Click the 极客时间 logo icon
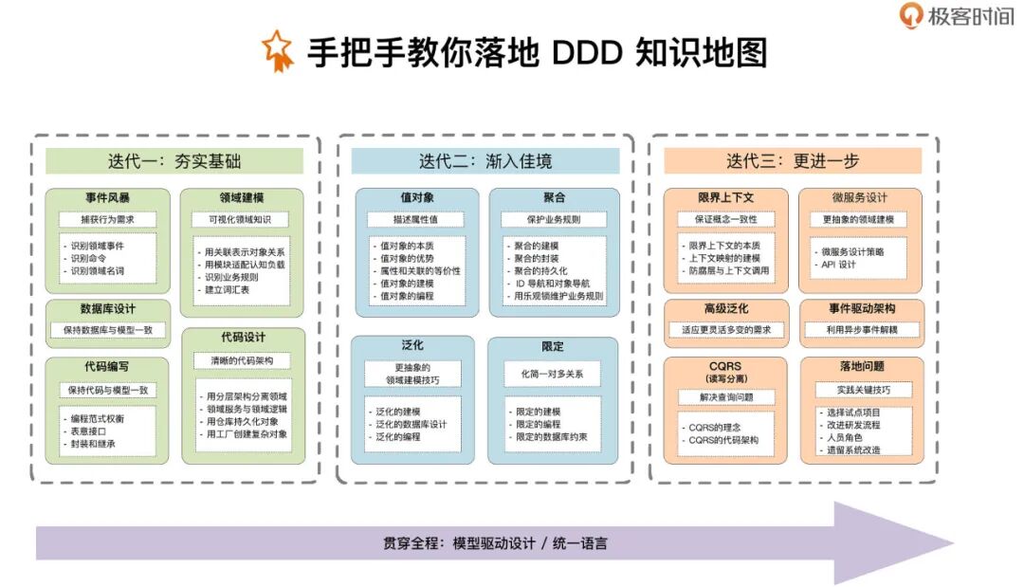[912, 15]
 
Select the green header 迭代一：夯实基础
[174, 161]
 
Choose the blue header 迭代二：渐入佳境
[485, 161]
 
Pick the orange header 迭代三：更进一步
[793, 161]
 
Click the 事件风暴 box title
[107, 198]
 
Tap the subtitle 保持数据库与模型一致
[108, 330]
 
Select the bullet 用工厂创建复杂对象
[247, 433]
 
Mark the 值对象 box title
[417, 198]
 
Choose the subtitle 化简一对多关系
[553, 374]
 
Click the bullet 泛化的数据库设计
[412, 424]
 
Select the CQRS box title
[724, 365]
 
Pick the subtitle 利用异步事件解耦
[861, 330]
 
